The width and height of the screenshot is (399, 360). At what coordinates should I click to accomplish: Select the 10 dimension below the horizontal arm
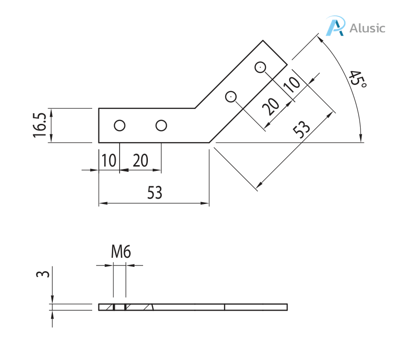109,160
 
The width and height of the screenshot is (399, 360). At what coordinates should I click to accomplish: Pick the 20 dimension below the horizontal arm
140,160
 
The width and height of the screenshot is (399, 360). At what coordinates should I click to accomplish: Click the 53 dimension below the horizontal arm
154,193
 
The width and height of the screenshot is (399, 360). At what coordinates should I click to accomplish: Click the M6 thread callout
121,252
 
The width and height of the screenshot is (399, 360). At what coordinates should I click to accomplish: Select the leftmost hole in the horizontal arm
120,126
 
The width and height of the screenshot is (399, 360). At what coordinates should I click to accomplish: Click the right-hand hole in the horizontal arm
161,126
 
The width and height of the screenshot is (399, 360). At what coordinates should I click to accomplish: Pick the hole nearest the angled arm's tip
260,67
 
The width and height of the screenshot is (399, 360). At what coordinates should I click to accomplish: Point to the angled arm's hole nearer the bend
231,96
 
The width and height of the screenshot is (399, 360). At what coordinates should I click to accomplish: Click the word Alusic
367,28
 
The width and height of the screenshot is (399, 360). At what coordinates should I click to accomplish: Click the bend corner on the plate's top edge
194,108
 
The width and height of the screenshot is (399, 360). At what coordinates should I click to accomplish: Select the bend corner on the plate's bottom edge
209,143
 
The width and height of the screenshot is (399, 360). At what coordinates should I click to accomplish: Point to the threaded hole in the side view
120,307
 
